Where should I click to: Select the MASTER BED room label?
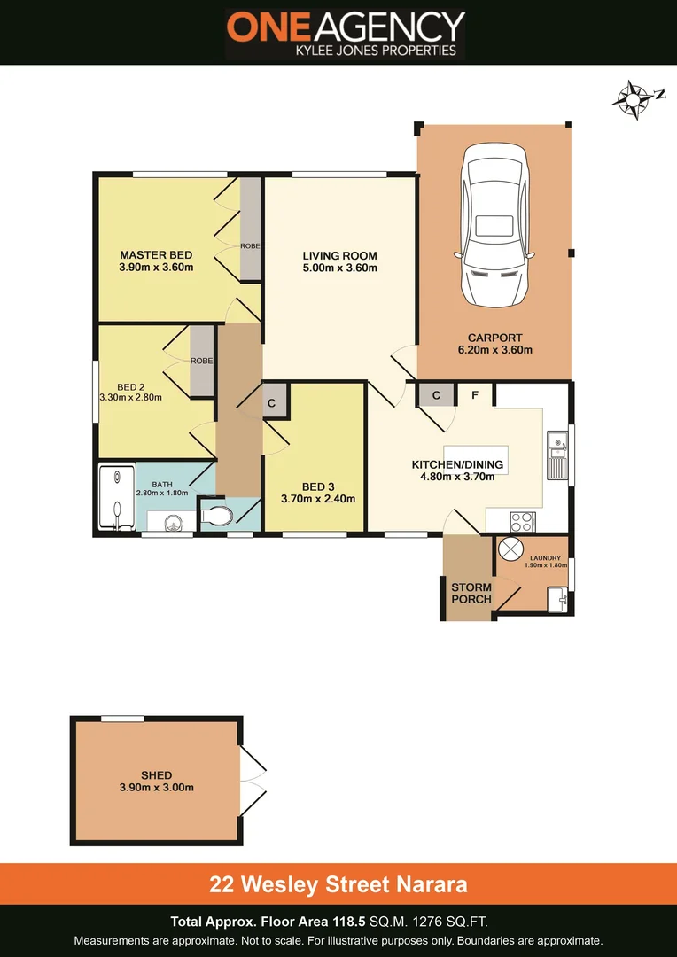pos(156,254)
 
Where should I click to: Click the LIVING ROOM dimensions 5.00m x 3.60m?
pos(340,268)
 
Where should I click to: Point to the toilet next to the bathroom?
pos(216,514)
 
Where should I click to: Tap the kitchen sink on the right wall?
pos(556,454)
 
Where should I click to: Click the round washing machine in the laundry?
pos(511,549)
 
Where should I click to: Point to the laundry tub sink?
pos(557,599)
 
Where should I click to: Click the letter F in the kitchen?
pos(475,395)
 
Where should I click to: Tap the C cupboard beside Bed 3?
pos(273,403)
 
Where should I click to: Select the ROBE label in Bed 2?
pos(201,362)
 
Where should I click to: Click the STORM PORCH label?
pos(471,593)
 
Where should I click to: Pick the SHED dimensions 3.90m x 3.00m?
pos(156,787)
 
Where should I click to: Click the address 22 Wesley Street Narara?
pos(338,883)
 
